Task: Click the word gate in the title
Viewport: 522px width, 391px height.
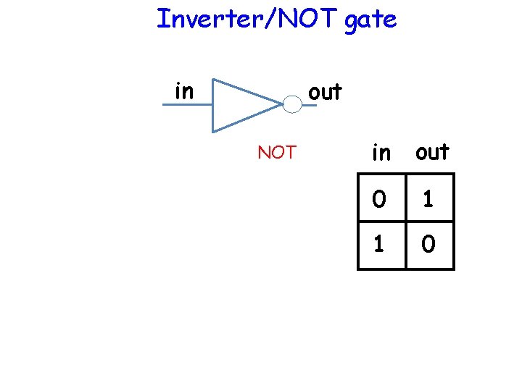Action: tap(370, 20)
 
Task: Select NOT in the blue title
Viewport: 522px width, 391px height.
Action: tap(304, 19)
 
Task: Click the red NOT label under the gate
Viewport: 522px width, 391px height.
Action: tap(277, 153)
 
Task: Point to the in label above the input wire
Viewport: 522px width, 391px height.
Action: tap(184, 91)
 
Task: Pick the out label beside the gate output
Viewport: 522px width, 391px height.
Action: tap(325, 92)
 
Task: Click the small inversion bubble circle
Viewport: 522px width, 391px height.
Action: tap(291, 105)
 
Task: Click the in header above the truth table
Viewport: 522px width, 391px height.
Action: tap(381, 153)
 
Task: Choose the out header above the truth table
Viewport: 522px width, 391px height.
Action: tap(431, 152)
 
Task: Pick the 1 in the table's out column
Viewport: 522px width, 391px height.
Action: tap(429, 198)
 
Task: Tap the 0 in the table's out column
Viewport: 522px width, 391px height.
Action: tap(429, 245)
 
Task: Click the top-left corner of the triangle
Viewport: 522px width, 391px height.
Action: tap(212, 78)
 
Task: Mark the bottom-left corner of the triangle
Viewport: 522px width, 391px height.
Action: tap(212, 132)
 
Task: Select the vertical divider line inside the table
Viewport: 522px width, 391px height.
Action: tap(405, 221)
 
